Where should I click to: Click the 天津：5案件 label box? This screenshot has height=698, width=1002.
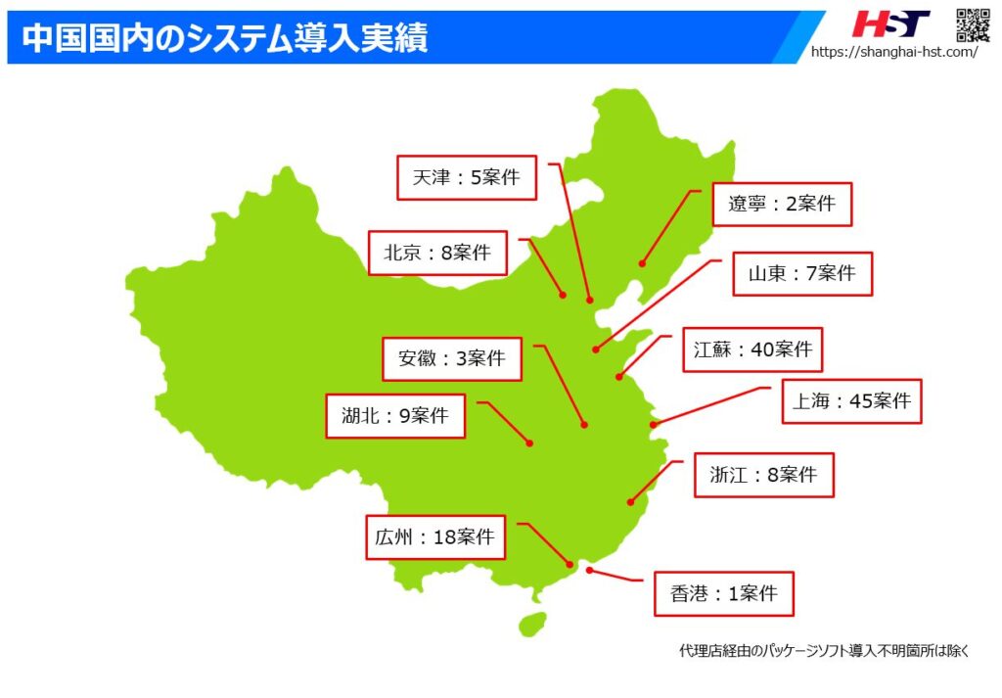click(466, 178)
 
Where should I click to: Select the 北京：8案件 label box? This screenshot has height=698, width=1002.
click(436, 253)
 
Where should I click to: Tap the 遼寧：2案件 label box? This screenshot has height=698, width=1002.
click(781, 204)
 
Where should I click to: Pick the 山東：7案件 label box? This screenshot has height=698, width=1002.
click(801, 274)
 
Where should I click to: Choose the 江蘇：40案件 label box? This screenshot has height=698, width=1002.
click(752, 349)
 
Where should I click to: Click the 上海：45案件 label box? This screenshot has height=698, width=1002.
click(851, 400)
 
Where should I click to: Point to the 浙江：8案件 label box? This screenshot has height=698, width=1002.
click(763, 476)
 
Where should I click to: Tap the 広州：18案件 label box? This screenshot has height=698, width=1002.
click(435, 537)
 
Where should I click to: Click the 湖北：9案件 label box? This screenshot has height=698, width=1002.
click(395, 415)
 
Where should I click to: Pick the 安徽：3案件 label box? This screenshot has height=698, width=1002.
click(451, 358)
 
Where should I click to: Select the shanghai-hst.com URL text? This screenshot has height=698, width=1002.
click(893, 52)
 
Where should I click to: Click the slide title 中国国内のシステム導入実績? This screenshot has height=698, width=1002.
click(224, 37)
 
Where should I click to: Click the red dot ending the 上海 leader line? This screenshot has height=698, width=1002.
click(653, 425)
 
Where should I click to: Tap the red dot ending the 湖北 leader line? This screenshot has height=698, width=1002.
click(529, 443)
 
